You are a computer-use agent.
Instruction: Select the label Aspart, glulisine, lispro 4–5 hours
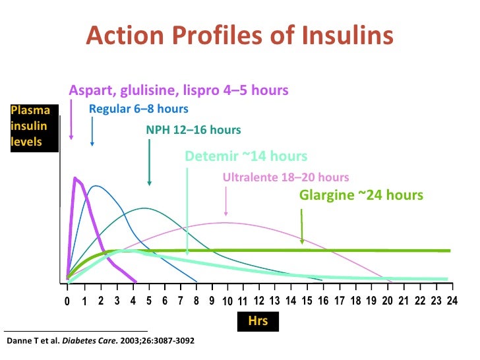click(x=178, y=90)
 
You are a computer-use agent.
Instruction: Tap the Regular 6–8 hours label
click(x=138, y=109)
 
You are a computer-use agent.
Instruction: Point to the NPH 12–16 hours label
click(x=193, y=130)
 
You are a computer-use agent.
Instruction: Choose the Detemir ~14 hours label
click(x=246, y=156)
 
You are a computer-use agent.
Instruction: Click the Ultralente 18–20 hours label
click(x=285, y=177)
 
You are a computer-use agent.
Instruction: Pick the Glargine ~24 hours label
click(x=361, y=195)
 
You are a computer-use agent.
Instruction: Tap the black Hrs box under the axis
click(x=258, y=321)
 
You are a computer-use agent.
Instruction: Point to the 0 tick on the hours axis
click(x=67, y=301)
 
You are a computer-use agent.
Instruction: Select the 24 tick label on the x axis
click(x=452, y=301)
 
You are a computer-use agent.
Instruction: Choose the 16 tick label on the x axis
click(x=323, y=301)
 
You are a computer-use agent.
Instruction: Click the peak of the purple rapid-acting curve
click(x=75, y=178)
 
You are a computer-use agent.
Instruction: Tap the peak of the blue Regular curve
click(x=96, y=186)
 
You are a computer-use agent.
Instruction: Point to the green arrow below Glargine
click(x=302, y=227)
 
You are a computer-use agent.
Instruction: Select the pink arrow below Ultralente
click(x=226, y=201)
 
